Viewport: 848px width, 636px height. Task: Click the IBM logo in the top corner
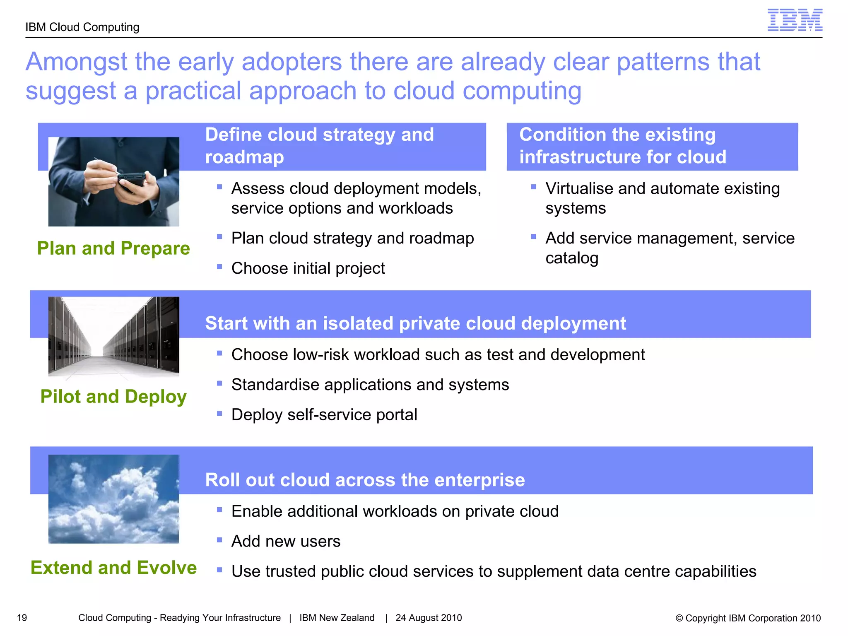tap(795, 20)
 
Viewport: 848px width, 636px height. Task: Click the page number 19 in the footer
tap(22, 618)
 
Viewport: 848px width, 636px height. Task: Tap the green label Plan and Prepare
tap(113, 248)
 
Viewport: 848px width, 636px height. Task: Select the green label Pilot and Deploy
tap(113, 397)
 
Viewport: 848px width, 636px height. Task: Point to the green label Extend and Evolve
tap(113, 568)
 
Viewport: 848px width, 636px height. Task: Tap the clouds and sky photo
tap(113, 499)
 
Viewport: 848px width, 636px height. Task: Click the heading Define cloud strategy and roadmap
tap(319, 146)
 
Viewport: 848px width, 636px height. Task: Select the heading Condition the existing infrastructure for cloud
tap(622, 146)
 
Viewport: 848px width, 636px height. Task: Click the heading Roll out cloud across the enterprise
tap(365, 480)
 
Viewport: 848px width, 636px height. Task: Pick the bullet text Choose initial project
tap(308, 268)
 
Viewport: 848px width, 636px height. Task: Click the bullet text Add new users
tap(286, 541)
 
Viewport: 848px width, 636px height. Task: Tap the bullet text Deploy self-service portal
tap(324, 414)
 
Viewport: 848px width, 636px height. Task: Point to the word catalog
tap(572, 258)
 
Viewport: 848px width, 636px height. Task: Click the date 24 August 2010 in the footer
tap(429, 618)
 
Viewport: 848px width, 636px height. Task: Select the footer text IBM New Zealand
tap(337, 618)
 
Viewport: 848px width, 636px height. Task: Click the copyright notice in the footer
tap(748, 618)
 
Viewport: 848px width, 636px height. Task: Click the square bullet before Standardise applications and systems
tap(219, 383)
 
